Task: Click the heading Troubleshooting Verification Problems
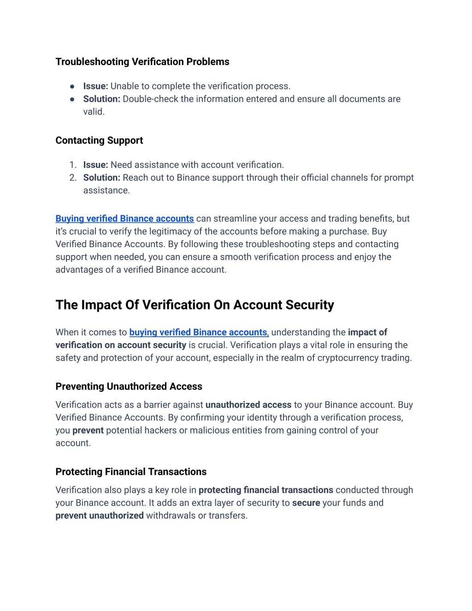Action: pos(142,62)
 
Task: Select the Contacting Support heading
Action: pos(99,141)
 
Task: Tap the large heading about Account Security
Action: pos(195,305)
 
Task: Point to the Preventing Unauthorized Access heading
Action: pos(129,386)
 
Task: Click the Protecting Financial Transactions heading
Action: pos(131,472)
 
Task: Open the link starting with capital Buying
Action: pos(124,219)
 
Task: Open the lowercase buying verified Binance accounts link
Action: pos(198,332)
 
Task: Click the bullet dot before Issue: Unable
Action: pos(72,86)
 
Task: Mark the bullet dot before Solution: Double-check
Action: pos(72,99)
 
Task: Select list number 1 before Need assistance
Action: pos(72,165)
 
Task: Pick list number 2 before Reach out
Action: pos(73,178)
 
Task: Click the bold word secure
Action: pos(306,503)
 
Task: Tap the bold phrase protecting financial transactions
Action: pos(265,490)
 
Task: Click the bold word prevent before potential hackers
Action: pos(88,431)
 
